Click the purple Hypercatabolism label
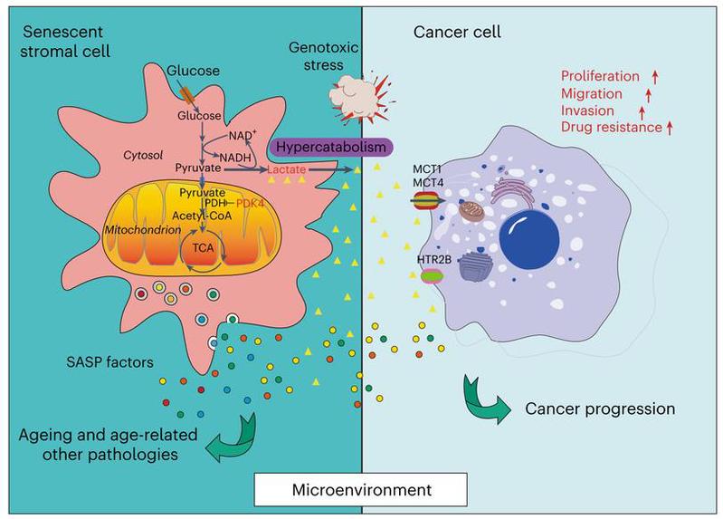(328, 147)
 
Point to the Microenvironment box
(362, 491)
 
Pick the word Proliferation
(597, 76)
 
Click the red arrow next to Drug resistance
(671, 128)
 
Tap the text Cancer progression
(600, 408)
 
